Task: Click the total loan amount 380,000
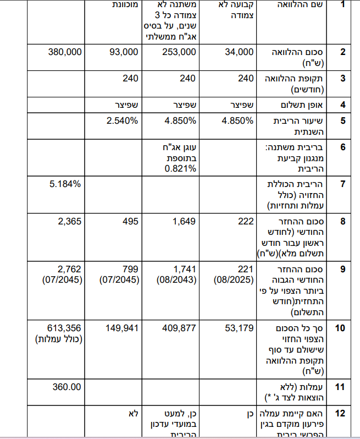click(65, 52)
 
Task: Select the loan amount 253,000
click(179, 52)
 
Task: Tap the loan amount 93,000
click(124, 52)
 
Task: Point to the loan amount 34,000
click(239, 52)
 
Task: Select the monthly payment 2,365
click(69, 221)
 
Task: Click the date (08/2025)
click(234, 279)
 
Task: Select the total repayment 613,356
click(65, 328)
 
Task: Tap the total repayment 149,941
click(122, 328)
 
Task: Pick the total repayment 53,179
click(240, 328)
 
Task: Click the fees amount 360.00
click(67, 387)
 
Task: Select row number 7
click(342, 184)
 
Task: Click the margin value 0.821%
click(181, 168)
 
